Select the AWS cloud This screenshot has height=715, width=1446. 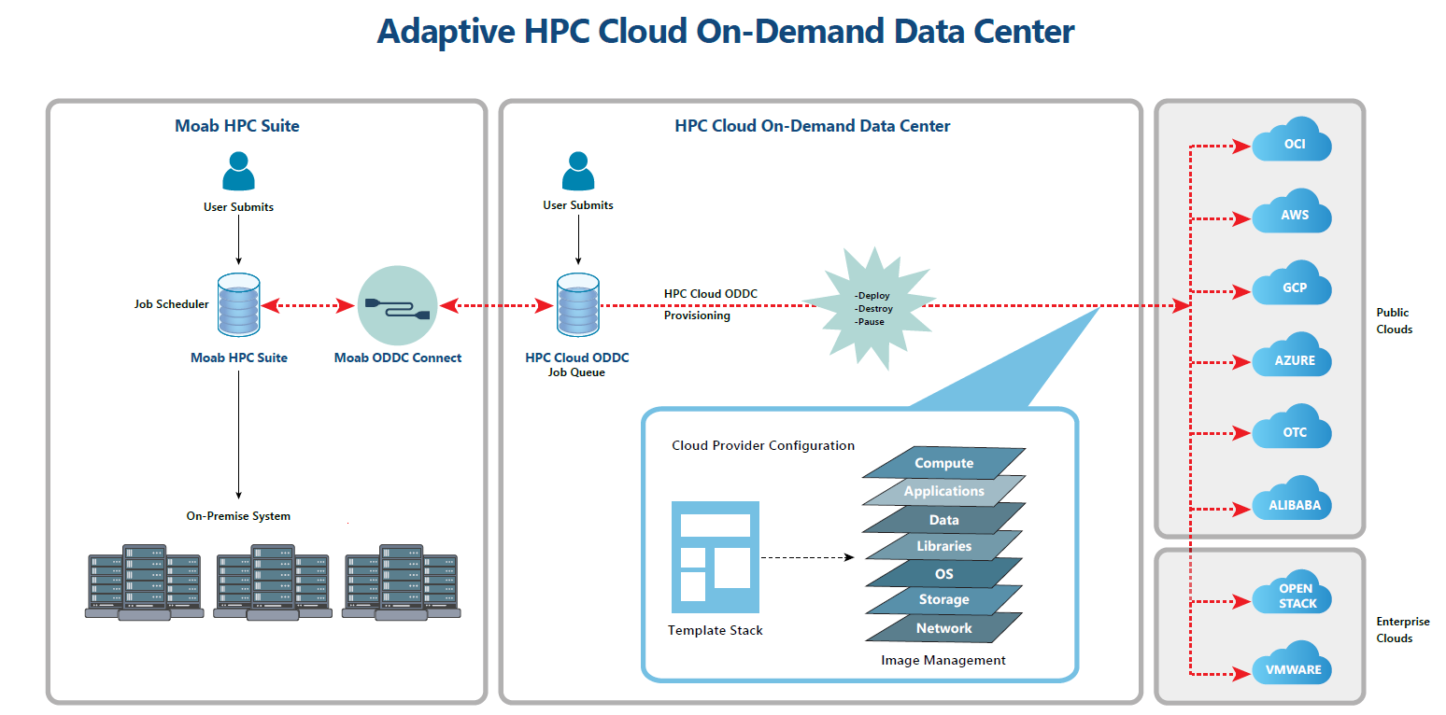click(1292, 212)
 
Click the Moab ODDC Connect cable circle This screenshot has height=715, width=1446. click(398, 305)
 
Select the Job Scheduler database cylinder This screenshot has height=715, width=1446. click(239, 304)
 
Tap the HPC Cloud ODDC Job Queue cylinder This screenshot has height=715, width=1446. click(578, 304)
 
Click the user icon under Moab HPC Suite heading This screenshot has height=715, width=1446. click(238, 171)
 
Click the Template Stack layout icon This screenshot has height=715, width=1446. click(716, 557)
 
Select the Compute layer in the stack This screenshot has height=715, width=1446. click(943, 463)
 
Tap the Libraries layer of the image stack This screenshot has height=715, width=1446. click(943, 546)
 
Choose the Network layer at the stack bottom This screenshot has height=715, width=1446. click(943, 628)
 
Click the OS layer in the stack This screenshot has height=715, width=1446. click(943, 574)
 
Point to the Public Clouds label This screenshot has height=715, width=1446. click(1394, 321)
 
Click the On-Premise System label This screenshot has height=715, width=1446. click(238, 515)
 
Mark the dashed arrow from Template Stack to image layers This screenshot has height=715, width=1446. click(808, 557)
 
